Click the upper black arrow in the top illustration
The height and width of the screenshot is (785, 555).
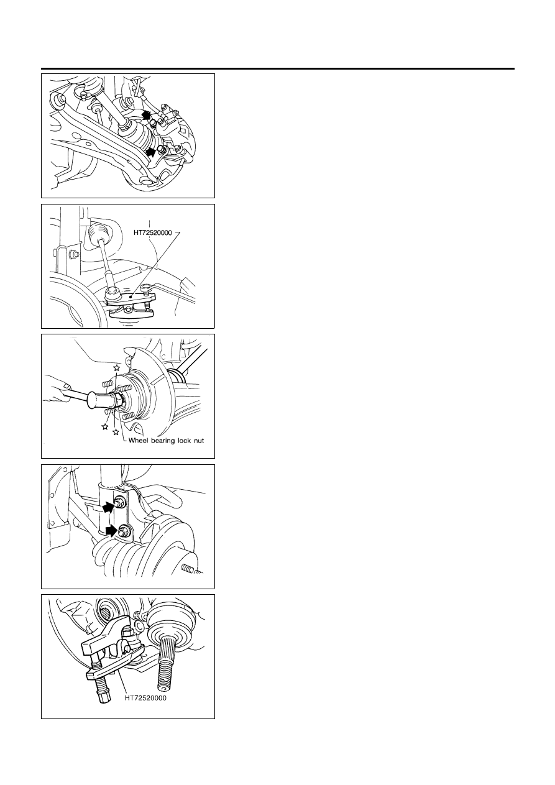(x=147, y=114)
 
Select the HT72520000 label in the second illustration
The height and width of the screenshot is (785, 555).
(x=152, y=232)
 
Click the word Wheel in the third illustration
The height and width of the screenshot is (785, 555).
(x=139, y=441)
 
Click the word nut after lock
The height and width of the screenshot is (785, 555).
(x=199, y=441)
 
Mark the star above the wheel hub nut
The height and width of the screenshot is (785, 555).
(x=116, y=367)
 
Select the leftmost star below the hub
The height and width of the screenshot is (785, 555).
(x=104, y=426)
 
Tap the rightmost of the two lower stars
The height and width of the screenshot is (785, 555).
(x=116, y=432)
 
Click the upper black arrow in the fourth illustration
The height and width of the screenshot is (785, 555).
(x=109, y=507)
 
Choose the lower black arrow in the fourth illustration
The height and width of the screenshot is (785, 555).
(x=111, y=531)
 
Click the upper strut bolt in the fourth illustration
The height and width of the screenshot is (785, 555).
(x=119, y=502)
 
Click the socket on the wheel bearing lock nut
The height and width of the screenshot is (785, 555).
(x=101, y=400)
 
